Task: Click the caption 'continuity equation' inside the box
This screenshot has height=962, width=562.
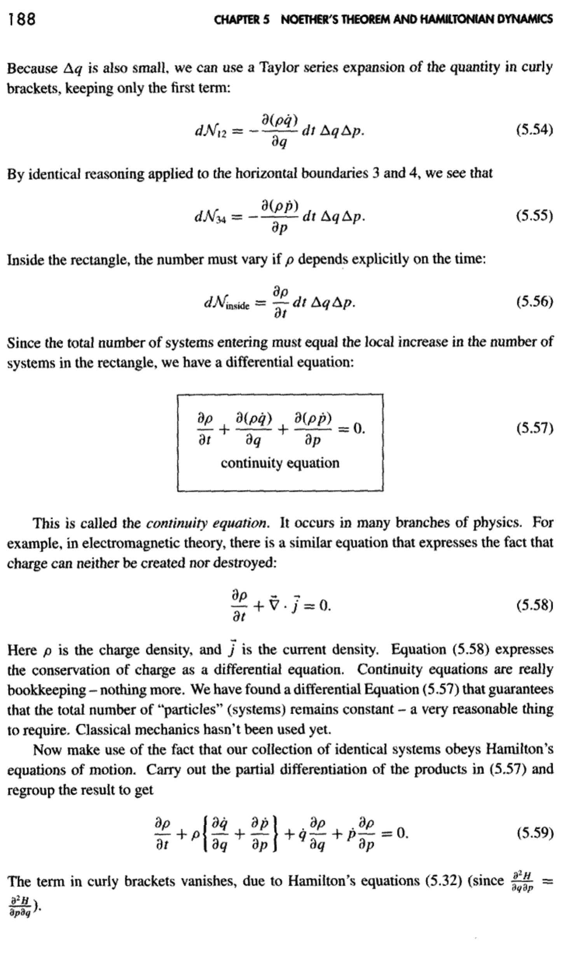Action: [x=280, y=463]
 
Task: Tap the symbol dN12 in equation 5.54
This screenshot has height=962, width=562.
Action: [x=208, y=131]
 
